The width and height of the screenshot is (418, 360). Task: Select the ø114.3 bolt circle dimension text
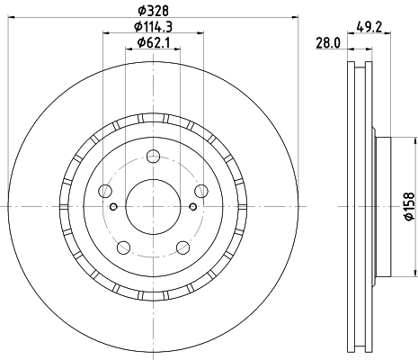[151, 29]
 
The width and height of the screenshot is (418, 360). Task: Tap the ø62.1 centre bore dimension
[151, 45]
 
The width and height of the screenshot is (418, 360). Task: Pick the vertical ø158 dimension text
[409, 207]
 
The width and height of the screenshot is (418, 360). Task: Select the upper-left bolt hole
[106, 191]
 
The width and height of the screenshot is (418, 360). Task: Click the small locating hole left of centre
[113, 205]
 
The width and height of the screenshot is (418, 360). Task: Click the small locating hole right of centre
[189, 205]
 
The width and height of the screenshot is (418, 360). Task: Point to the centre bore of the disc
[150, 205]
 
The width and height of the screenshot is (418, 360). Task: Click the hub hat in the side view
[381, 205]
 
